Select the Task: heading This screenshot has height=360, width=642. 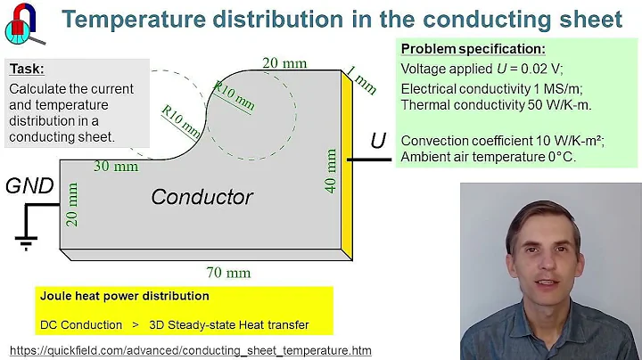click(x=26, y=68)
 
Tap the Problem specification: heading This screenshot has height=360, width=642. click(x=473, y=49)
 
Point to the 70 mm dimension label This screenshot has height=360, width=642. click(x=229, y=272)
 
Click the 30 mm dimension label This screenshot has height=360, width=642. click(x=117, y=166)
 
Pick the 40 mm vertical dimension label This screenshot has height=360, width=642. click(x=332, y=171)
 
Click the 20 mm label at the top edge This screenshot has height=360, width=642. click(x=284, y=62)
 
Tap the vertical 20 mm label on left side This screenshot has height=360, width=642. click(x=73, y=204)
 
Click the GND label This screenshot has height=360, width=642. click(x=29, y=186)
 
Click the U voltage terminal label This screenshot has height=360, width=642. click(x=378, y=141)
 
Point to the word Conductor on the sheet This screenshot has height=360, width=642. click(x=202, y=197)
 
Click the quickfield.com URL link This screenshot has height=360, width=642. click(x=190, y=350)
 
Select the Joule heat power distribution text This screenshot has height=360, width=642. click(x=125, y=296)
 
